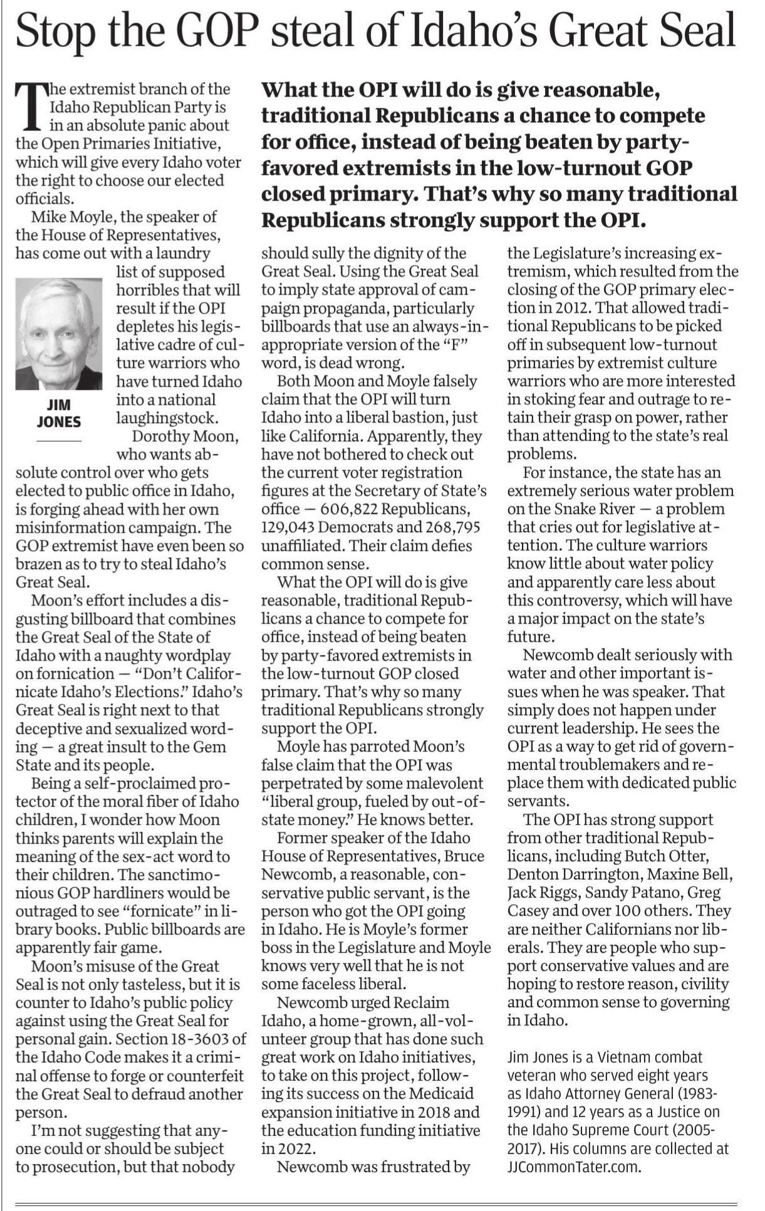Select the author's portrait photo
click(x=59, y=333)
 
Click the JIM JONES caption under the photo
click(x=59, y=413)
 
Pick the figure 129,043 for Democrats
click(x=291, y=527)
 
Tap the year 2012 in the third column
click(x=570, y=308)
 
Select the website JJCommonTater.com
click(x=573, y=1166)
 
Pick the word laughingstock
click(x=167, y=417)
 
